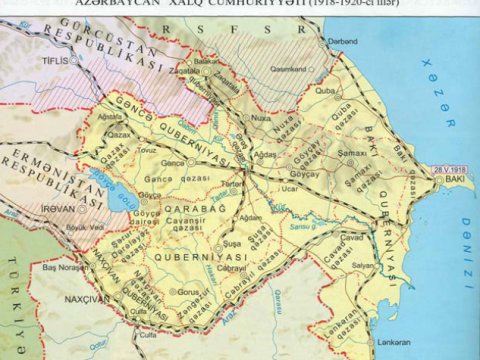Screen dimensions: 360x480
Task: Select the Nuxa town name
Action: (262, 117)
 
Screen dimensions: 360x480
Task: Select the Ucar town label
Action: (290, 187)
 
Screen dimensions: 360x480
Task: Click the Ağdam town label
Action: (251, 217)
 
